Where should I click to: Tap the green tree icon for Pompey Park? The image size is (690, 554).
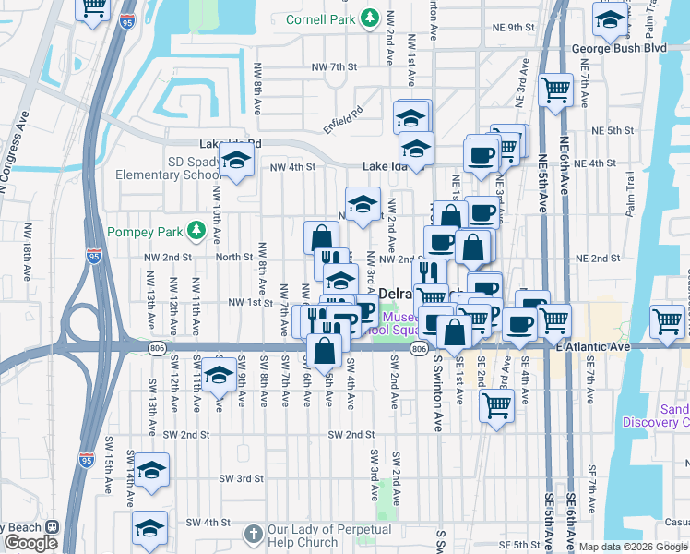click(x=196, y=230)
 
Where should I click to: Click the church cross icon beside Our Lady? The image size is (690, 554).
click(x=255, y=534)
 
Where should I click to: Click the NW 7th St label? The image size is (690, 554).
click(x=334, y=67)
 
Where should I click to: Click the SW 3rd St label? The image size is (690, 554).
click(x=242, y=478)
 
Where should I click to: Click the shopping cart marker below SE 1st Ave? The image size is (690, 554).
click(x=496, y=404)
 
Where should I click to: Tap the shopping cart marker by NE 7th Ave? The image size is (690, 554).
click(x=556, y=90)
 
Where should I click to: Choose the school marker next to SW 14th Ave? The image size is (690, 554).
click(x=152, y=467)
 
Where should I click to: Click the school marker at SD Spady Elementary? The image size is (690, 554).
click(x=237, y=160)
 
